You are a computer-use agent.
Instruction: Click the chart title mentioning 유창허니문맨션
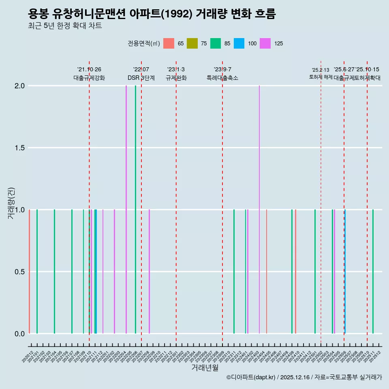pyautogui.click(x=152, y=14)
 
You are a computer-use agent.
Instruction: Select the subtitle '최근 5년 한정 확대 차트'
pyautogui.click(x=65, y=26)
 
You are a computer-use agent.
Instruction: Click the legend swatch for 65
pyautogui.click(x=169, y=43)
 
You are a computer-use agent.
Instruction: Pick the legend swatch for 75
pyautogui.click(x=192, y=43)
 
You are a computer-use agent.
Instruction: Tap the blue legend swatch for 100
pyautogui.click(x=239, y=43)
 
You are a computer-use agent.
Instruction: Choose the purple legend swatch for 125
pyautogui.click(x=265, y=43)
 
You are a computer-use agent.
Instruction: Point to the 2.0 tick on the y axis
pyautogui.click(x=20, y=86)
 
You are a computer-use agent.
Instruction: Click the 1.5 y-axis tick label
pyautogui.click(x=20, y=148)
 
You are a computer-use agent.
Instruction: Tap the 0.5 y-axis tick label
pyautogui.click(x=20, y=272)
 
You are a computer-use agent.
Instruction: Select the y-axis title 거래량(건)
pyautogui.click(x=11, y=203)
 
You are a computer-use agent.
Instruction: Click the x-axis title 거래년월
pyautogui.click(x=205, y=368)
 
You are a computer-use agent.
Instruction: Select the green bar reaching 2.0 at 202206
pyautogui.click(x=135, y=209)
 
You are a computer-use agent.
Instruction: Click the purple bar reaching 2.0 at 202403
pyautogui.click(x=259, y=209)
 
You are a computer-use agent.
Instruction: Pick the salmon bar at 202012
pyautogui.click(x=30, y=271)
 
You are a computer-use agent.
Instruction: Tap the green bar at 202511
pyautogui.click(x=373, y=271)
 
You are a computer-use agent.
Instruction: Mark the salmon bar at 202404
pyautogui.click(x=267, y=271)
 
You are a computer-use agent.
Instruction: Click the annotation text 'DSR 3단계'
pyautogui.click(x=141, y=78)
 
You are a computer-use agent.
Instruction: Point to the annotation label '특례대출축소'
pyautogui.click(x=222, y=78)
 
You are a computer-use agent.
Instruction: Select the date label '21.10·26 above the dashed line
pyautogui.click(x=89, y=69)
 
